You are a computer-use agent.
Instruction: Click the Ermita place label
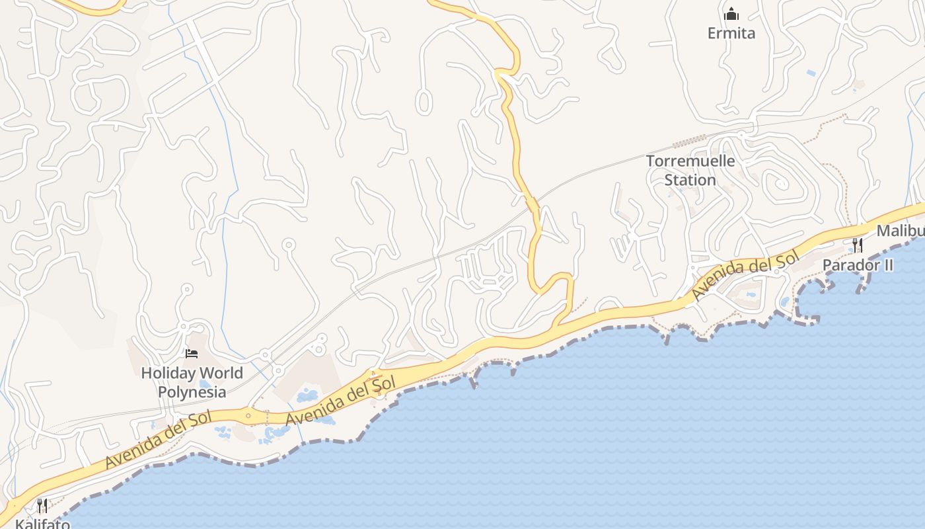click(731, 33)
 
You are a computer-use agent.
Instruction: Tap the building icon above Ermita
click(731, 14)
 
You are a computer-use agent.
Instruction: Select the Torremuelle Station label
click(690, 170)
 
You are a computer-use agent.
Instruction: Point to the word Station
click(690, 180)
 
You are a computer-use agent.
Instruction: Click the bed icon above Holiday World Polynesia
click(192, 354)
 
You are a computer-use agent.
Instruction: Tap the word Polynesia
click(192, 392)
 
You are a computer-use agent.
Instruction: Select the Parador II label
click(858, 265)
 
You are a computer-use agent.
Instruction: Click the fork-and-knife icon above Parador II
click(857, 245)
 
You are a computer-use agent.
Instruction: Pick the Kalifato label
click(42, 524)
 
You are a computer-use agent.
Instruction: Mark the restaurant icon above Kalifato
click(42, 506)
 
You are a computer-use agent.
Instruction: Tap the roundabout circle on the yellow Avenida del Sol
click(248, 416)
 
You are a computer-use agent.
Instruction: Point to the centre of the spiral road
click(782, 184)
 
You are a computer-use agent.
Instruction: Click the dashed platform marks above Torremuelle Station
click(690, 140)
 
